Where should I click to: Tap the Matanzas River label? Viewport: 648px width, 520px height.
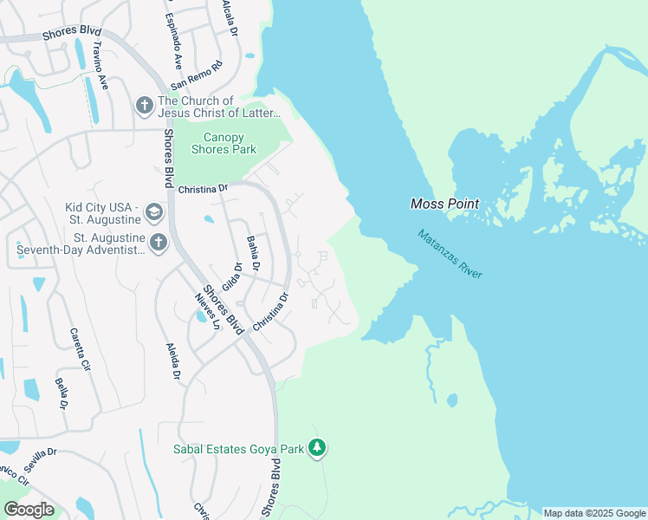449,253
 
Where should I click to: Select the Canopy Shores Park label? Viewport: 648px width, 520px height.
224,143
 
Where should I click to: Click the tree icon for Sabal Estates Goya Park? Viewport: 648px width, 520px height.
318,448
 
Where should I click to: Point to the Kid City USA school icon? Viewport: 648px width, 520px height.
153,212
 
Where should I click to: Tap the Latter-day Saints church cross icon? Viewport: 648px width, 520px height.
144,106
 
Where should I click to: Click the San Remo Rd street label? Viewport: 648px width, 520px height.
197,75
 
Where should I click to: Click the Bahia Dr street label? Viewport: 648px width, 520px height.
254,252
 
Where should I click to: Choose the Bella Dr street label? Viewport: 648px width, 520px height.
62,393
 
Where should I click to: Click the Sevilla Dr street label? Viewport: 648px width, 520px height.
39,460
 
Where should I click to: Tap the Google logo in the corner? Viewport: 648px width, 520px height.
28,509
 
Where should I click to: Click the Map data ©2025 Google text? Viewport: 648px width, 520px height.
593,513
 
